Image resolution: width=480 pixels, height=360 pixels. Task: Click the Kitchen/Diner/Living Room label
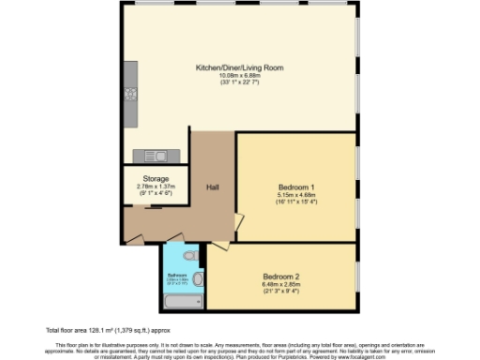[239, 68]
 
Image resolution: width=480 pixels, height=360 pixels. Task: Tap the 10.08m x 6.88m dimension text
[239, 76]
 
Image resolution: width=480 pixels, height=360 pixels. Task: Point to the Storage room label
[156, 178]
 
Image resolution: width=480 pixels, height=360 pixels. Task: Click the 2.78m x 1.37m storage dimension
[156, 186]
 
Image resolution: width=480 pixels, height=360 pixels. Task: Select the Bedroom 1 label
[295, 186]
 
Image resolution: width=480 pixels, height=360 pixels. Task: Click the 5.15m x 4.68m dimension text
[295, 194]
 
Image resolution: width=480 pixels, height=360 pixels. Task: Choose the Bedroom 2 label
[280, 277]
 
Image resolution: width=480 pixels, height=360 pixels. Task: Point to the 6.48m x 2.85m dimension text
[280, 285]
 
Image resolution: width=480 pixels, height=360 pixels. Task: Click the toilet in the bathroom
[189, 255]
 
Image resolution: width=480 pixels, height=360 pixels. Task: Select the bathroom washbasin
[197, 277]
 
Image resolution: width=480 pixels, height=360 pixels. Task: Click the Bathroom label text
[177, 275]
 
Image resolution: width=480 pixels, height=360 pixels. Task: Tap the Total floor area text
[109, 331]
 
